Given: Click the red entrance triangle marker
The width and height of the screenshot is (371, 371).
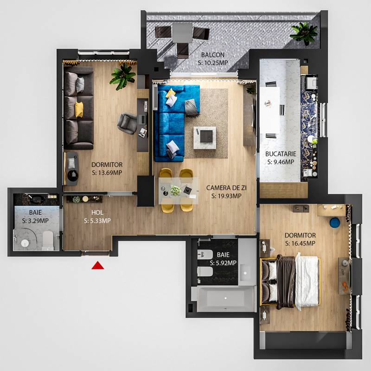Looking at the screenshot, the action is [x=98, y=266].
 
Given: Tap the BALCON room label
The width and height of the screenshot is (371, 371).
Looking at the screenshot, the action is [x=213, y=55].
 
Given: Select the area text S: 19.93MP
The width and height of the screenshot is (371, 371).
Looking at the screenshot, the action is [x=226, y=196].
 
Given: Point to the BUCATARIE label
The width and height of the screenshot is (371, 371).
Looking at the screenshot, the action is [x=281, y=154].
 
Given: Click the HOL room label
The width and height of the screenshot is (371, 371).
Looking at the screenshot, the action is [x=97, y=212].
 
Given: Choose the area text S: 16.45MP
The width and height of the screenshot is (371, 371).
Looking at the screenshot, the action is [x=300, y=243].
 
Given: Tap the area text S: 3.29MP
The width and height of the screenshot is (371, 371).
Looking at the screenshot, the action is [x=35, y=221].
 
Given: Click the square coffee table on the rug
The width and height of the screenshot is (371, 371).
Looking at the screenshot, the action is [x=205, y=138].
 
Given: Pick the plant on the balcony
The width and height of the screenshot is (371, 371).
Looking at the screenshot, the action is [x=304, y=32].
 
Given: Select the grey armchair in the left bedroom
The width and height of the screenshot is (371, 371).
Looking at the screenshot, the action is [x=127, y=123].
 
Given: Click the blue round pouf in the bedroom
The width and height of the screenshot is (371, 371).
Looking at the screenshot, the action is [x=335, y=223].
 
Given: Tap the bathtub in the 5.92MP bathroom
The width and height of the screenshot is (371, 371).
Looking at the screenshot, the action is [x=226, y=299].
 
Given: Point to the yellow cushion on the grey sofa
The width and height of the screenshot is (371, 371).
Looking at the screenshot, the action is [x=79, y=109].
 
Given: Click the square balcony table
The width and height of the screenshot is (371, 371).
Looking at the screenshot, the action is [x=182, y=33].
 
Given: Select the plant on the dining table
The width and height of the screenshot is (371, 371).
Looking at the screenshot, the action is [x=175, y=191].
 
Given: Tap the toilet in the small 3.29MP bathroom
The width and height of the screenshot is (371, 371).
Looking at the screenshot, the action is [x=48, y=240].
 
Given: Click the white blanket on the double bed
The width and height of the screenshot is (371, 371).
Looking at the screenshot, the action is [x=307, y=281].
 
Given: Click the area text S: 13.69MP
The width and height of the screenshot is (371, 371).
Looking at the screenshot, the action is [x=107, y=173].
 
